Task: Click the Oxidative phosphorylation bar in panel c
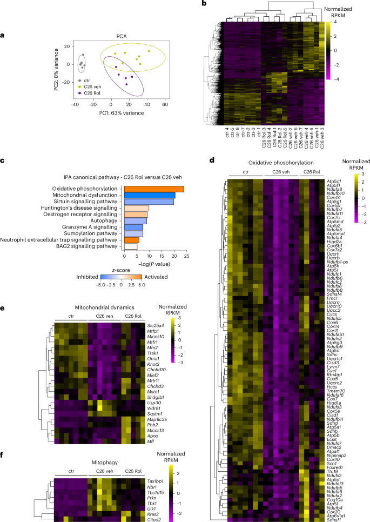(x=154, y=189)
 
